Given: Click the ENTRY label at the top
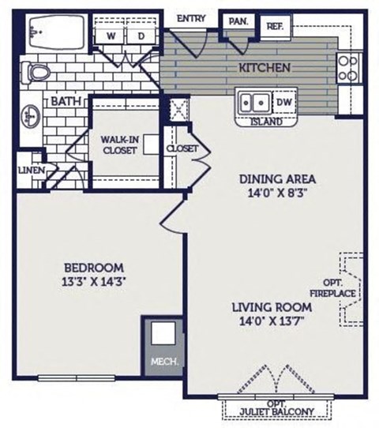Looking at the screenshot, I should tap(192, 18).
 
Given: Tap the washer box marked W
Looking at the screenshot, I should tap(111, 36).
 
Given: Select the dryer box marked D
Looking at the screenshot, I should tap(141, 36).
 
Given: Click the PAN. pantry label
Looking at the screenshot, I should tap(238, 22).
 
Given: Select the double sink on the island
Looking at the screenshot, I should tap(255, 103).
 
